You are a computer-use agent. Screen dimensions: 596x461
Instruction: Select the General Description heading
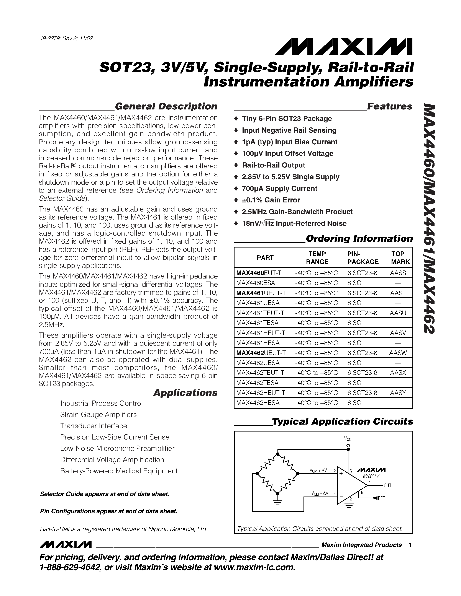click(x=166, y=106)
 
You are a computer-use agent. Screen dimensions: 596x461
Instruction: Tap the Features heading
click(x=389, y=106)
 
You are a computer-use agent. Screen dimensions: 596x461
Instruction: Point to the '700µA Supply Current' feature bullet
click(x=279, y=189)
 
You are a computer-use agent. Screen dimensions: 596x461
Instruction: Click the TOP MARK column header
click(x=400, y=258)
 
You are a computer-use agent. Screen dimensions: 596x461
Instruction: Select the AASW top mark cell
click(x=398, y=353)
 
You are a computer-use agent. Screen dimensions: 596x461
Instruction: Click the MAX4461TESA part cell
click(x=257, y=323)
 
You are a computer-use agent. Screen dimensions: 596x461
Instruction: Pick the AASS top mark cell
click(x=398, y=273)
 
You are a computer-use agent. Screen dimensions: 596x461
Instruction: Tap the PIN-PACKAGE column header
click(x=363, y=258)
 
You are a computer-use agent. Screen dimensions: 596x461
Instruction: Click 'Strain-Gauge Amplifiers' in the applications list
click(x=98, y=415)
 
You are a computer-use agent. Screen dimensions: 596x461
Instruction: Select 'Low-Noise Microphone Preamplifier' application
click(x=117, y=448)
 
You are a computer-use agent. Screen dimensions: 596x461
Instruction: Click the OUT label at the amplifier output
click(x=387, y=485)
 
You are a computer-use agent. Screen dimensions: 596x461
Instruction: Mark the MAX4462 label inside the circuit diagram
click(x=371, y=476)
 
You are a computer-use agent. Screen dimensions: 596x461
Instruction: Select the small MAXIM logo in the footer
click(x=66, y=545)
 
